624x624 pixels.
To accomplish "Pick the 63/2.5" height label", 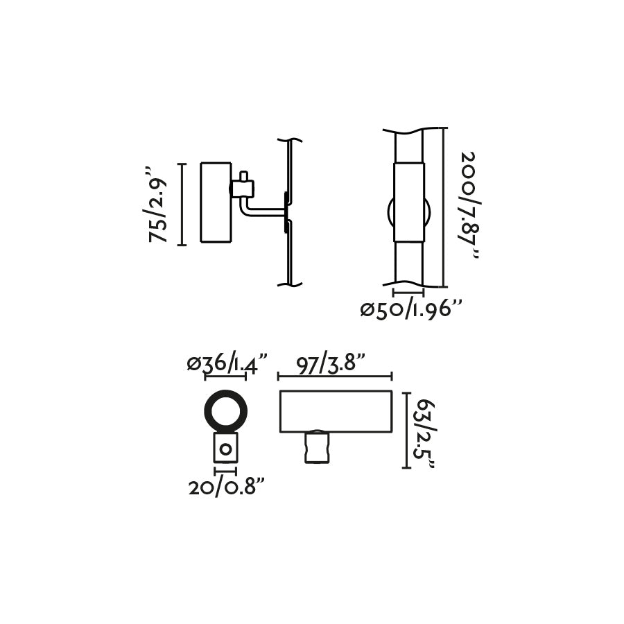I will [422, 431].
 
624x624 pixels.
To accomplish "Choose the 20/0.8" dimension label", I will [227, 487].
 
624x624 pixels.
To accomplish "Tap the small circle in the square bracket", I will [225, 449].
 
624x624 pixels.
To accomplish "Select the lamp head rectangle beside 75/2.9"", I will [215, 202].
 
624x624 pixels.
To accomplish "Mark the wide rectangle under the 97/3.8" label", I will [336, 411].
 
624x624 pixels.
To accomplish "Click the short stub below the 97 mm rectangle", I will [316, 447].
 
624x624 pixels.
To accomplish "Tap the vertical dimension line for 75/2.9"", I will [182, 204].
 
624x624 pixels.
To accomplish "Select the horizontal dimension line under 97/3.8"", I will [335, 376].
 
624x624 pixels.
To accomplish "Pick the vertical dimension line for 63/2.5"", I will [405, 429].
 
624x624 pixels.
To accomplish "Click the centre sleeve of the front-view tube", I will [408, 202].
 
